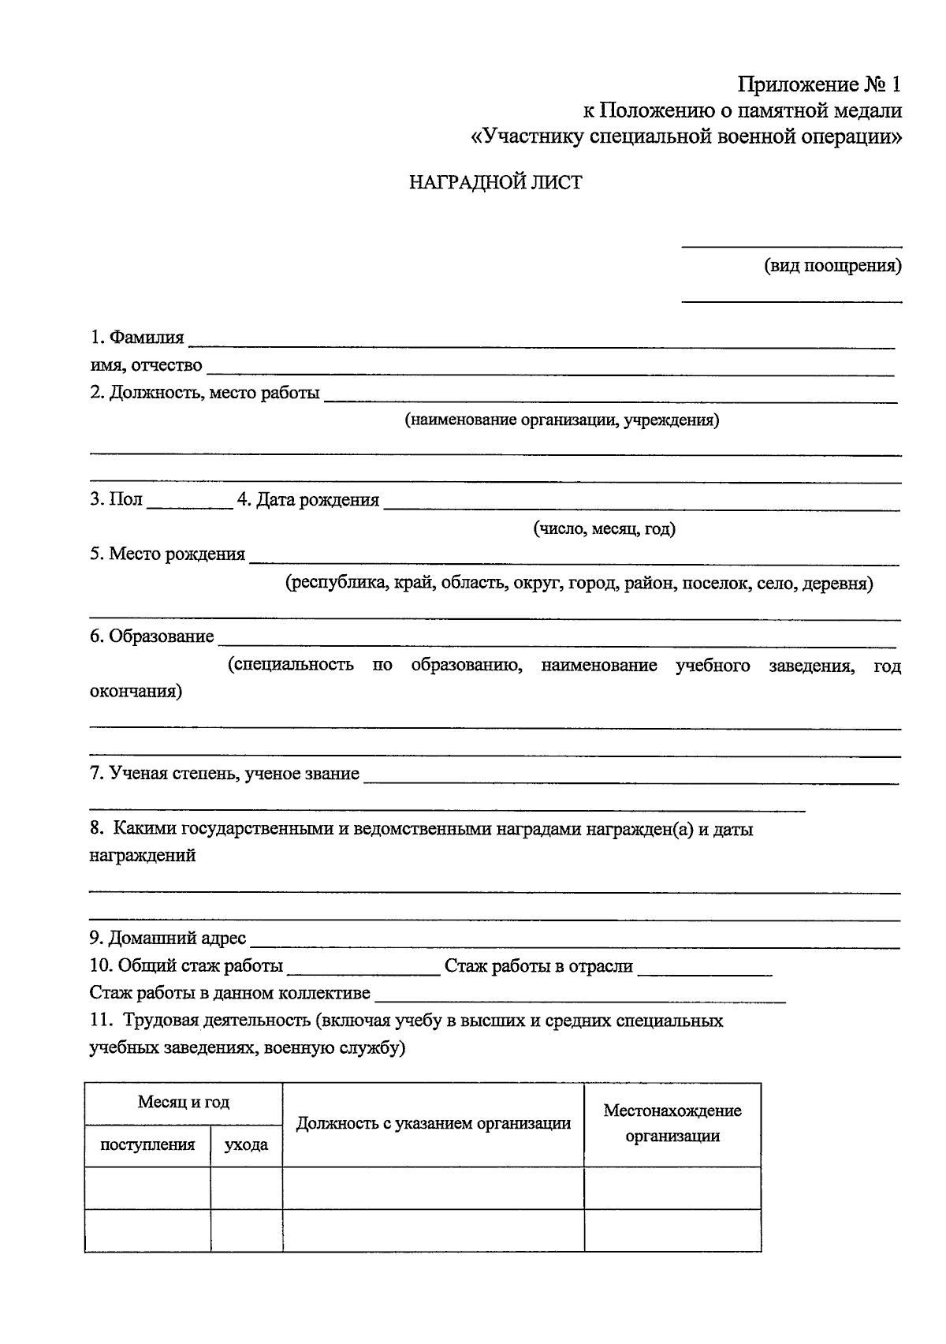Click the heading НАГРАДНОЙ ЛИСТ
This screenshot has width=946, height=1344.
click(495, 183)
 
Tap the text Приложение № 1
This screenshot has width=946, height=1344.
click(818, 84)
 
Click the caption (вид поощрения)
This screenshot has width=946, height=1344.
click(832, 266)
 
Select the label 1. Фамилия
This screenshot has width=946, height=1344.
click(136, 338)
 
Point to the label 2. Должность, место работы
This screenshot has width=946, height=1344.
click(205, 393)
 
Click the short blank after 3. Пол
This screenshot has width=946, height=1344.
click(189, 505)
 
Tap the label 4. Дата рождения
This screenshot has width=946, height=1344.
click(308, 500)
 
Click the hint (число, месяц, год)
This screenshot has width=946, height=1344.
click(605, 528)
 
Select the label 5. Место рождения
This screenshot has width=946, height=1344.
click(167, 554)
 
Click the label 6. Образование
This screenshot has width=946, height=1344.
click(151, 637)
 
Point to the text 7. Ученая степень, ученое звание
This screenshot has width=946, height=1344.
click(225, 774)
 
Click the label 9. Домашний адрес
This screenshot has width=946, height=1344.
click(168, 939)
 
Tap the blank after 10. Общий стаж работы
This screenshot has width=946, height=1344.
click(363, 970)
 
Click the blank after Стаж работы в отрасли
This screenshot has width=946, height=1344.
click(704, 970)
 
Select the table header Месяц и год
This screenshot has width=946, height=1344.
click(184, 1103)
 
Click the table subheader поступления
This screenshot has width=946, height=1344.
click(147, 1144)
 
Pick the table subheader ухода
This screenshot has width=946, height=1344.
click(246, 1144)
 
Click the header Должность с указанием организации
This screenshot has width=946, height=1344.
click(434, 1124)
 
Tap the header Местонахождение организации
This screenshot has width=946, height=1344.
click(672, 1123)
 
